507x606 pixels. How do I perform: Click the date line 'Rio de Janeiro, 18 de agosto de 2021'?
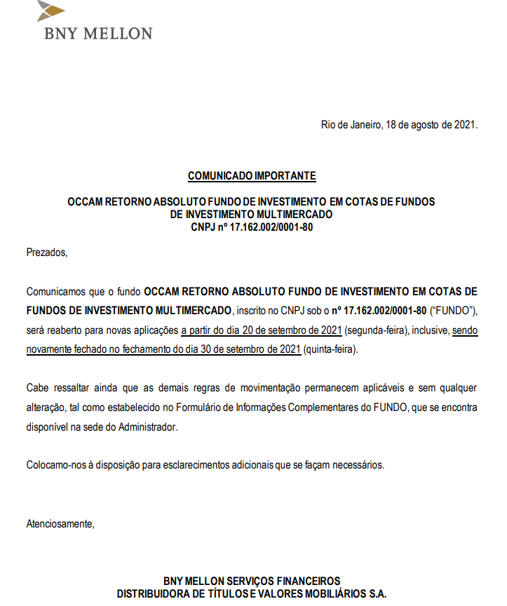[x=399, y=126]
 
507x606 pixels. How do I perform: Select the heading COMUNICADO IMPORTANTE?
[x=251, y=175]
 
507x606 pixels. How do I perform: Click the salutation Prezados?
[x=47, y=252]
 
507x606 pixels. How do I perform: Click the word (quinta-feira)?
[x=330, y=349]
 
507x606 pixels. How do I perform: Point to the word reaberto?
[x=63, y=330]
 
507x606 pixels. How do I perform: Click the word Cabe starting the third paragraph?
[x=37, y=387]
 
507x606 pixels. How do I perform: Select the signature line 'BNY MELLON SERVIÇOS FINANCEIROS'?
[x=251, y=581]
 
